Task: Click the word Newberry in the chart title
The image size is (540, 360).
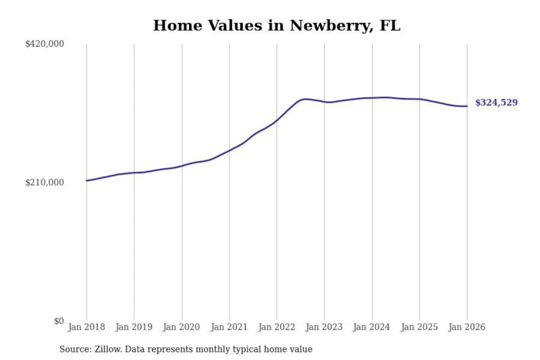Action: pos(330,25)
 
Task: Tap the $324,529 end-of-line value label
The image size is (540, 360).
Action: pos(496,102)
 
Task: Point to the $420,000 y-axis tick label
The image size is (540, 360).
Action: pos(45,44)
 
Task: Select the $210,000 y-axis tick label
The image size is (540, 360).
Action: pos(45,182)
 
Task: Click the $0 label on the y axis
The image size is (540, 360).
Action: pos(59,321)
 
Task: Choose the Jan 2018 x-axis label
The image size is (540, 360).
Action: pos(86,327)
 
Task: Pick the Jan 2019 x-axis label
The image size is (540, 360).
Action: pos(134,327)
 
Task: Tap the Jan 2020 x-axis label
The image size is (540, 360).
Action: pos(181,327)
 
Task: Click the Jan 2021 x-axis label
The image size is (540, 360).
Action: pos(229,327)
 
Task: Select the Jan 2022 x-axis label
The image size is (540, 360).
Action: pos(277,327)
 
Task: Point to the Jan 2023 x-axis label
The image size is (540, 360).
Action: pos(324,327)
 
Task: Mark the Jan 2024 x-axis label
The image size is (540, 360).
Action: pos(372,327)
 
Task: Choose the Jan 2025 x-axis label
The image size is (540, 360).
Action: pos(419,327)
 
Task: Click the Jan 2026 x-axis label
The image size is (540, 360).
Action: pos(467,327)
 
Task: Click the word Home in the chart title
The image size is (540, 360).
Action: pos(178,25)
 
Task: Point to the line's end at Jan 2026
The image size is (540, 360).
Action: pos(467,106)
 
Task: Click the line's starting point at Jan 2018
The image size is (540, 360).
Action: pos(87,181)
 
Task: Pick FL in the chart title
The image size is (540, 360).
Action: pos(390,25)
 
